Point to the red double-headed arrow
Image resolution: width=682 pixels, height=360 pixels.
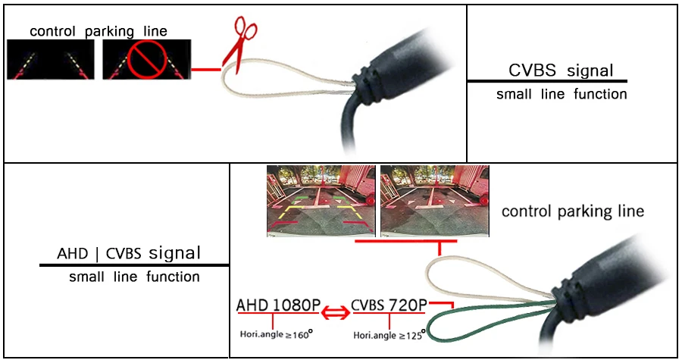pyautogui.click(x=335, y=311)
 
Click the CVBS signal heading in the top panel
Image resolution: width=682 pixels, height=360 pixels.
pyautogui.click(x=561, y=70)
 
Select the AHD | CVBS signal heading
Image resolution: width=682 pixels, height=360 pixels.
pyautogui.click(x=129, y=252)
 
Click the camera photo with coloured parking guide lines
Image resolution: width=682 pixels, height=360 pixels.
pyautogui.click(x=321, y=201)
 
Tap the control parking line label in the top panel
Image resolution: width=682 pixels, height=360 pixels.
pyautogui.click(x=99, y=31)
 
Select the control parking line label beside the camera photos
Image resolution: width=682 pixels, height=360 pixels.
pyautogui.click(x=572, y=211)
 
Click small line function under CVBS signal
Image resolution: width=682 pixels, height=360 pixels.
pyautogui.click(x=562, y=95)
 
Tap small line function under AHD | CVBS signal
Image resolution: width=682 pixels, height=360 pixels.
pyautogui.click(x=134, y=277)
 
